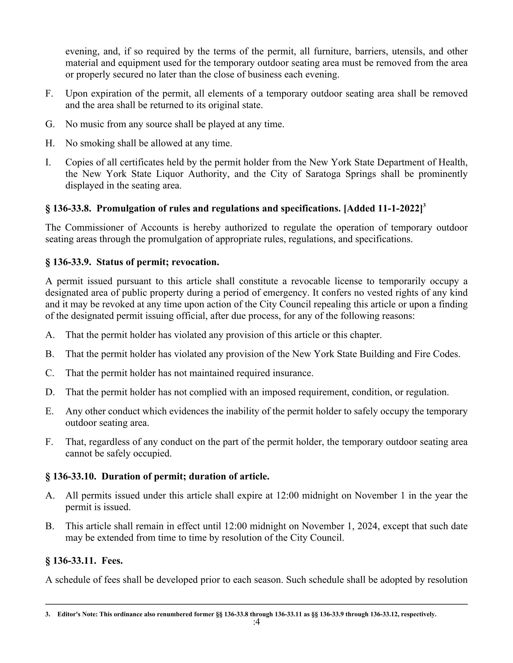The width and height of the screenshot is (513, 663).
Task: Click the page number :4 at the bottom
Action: point(256,622)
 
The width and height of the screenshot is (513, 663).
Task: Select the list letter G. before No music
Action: point(50,124)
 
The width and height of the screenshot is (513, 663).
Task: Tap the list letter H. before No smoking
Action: point(50,143)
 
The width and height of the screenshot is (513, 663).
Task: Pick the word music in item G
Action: point(92,124)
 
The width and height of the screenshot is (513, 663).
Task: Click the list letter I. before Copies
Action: point(48,162)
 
